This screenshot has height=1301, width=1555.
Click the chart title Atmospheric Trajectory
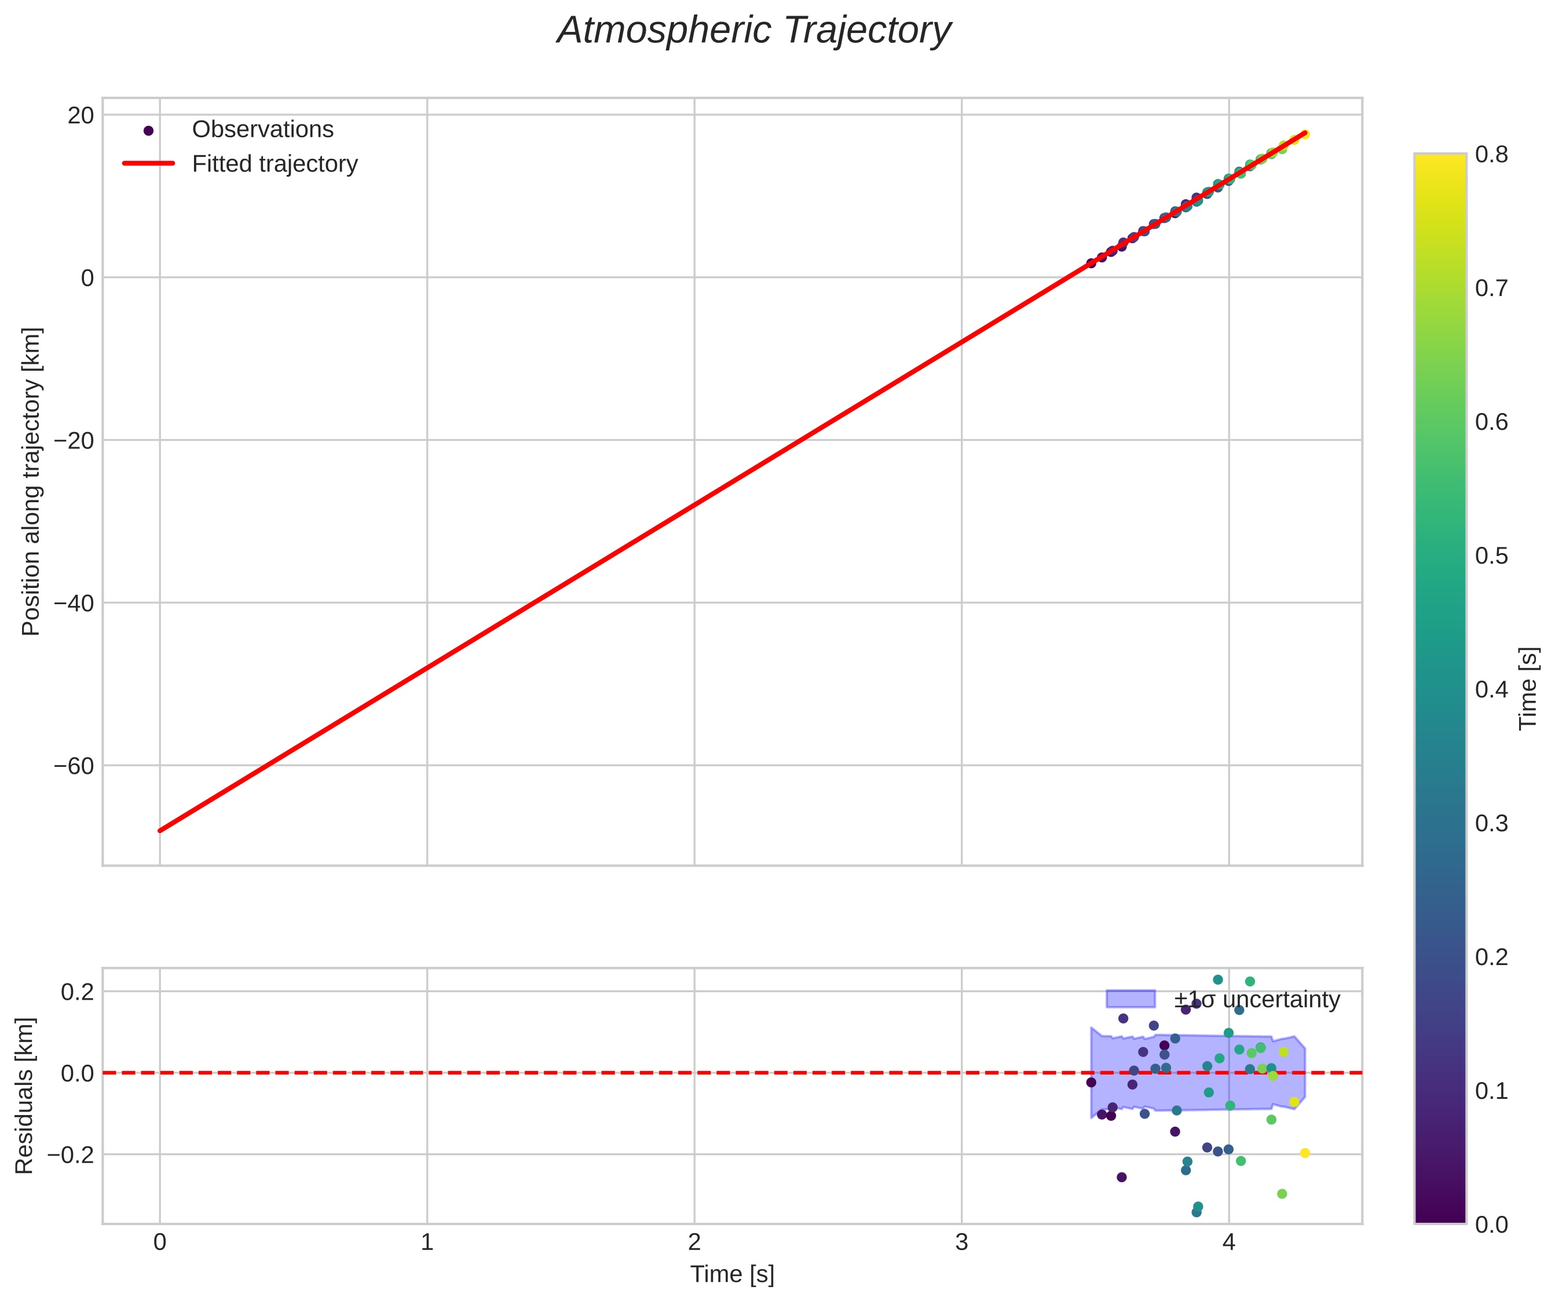tap(754, 31)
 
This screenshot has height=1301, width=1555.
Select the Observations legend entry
tap(262, 130)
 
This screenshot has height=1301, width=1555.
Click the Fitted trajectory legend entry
tap(274, 164)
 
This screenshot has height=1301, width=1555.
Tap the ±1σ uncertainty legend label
tap(1257, 1000)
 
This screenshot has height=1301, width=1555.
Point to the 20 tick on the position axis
tap(82, 115)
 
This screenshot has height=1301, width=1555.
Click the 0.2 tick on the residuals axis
tap(77, 992)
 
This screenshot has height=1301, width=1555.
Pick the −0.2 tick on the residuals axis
tap(71, 1154)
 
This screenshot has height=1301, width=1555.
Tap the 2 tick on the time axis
tap(694, 1242)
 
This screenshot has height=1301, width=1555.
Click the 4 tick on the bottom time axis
tap(1229, 1242)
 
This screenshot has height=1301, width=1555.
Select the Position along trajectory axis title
tap(31, 481)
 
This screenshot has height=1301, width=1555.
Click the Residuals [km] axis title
tap(24, 1096)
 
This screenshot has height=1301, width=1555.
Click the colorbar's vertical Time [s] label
tap(1528, 689)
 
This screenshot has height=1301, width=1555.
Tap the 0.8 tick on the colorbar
tap(1491, 154)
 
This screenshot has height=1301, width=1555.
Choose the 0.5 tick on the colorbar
tap(1491, 556)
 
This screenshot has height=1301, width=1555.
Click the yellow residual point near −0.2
tap(1305, 1153)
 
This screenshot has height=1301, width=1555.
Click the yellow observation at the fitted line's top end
tap(1305, 134)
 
